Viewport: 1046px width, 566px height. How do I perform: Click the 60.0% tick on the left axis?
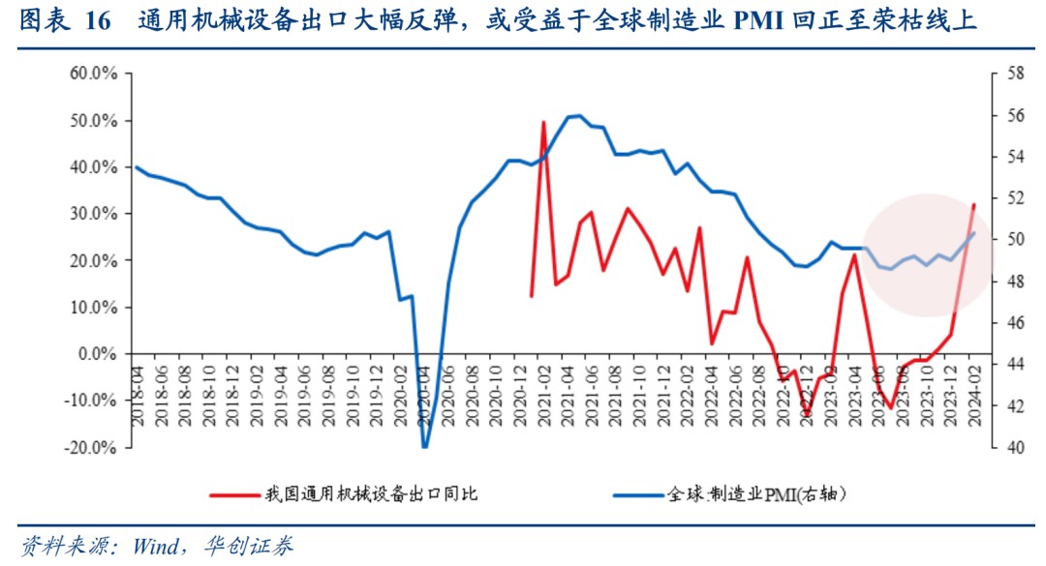pos(93,74)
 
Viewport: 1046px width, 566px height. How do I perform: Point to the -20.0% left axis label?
pos(91,448)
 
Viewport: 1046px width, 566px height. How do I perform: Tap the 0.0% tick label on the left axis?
pos(98,354)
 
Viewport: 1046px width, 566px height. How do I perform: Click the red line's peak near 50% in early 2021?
pos(543,122)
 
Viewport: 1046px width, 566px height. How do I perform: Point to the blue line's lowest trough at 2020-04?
pos(424,447)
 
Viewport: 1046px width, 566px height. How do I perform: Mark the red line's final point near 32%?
pos(974,204)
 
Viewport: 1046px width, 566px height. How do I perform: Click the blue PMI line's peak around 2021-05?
pos(578,115)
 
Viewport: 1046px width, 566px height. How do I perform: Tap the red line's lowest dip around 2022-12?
pos(806,415)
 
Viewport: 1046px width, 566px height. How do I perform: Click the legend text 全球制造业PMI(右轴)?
pos(756,495)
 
